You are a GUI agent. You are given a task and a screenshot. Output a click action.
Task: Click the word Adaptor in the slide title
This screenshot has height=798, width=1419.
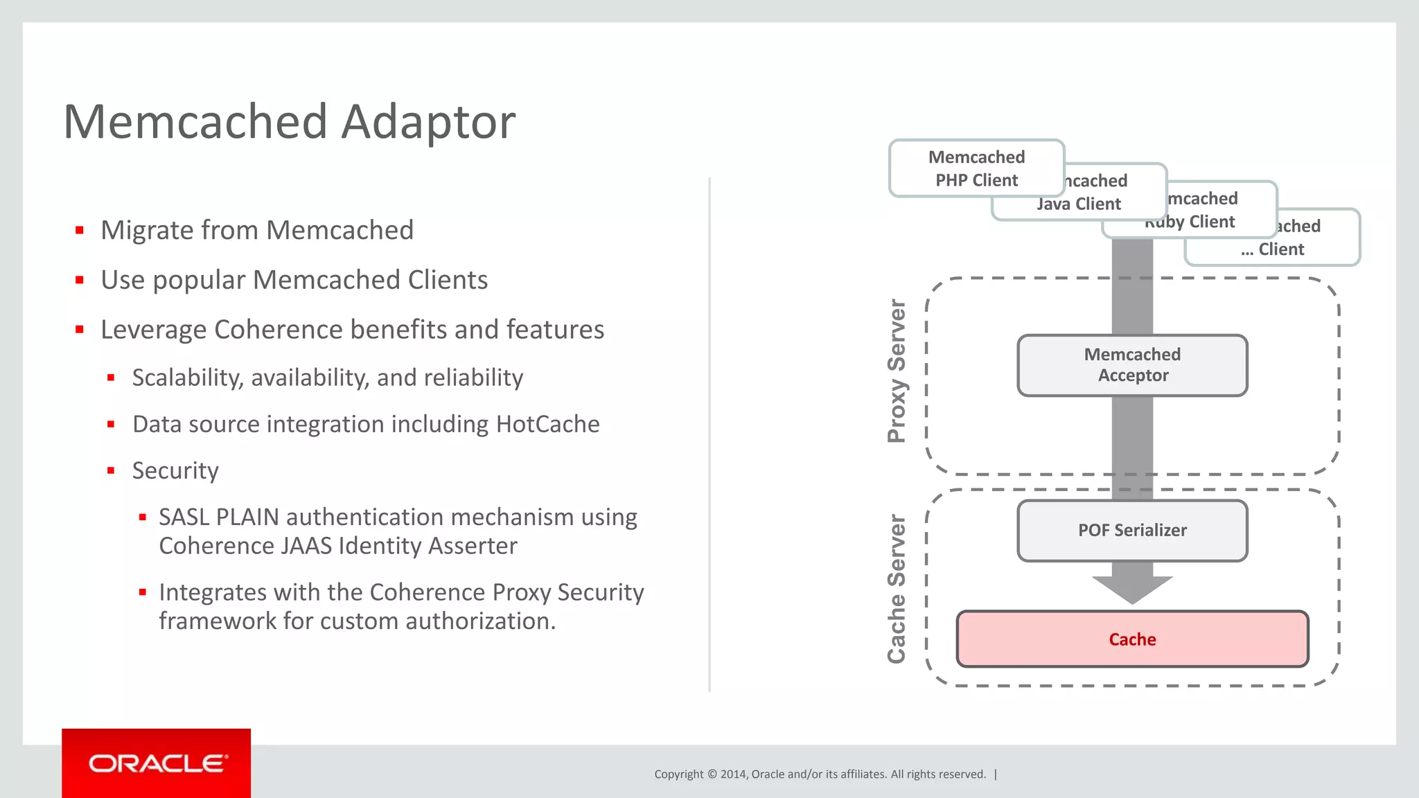tap(428, 122)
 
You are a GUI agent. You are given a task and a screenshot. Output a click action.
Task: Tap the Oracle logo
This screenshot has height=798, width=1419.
tap(157, 763)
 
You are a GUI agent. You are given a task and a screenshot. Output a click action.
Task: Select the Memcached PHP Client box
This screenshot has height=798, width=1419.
tap(976, 168)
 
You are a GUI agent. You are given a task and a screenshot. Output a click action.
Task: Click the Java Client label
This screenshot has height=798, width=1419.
tap(1078, 204)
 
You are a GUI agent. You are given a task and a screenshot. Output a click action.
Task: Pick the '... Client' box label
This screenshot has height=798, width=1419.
tap(1273, 249)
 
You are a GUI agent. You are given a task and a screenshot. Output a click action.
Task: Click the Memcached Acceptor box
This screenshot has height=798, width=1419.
tap(1132, 365)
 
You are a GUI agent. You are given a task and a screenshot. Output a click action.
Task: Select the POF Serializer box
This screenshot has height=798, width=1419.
tap(1132, 530)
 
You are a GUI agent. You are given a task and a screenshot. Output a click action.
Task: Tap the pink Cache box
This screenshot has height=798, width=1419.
tap(1132, 639)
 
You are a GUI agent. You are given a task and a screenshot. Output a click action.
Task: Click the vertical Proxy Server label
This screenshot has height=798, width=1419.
tap(897, 371)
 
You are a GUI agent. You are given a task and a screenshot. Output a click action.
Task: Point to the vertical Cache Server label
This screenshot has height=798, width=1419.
tap(897, 589)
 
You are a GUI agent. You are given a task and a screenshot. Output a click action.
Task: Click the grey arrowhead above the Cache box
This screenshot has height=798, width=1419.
tap(1132, 589)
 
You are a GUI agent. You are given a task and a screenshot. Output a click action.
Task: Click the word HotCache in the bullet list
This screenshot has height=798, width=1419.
tap(547, 424)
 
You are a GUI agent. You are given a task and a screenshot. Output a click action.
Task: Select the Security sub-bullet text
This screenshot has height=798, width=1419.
tap(175, 470)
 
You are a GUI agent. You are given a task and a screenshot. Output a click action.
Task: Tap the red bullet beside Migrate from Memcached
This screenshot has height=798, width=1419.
tap(80, 230)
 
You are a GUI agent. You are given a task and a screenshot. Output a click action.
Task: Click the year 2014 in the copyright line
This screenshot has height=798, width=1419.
tap(733, 774)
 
